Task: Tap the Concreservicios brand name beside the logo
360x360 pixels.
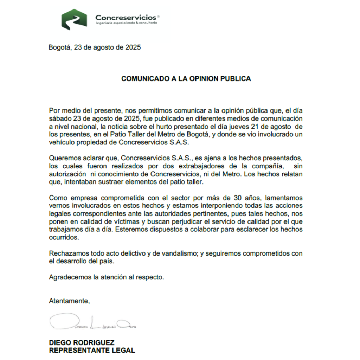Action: point(126,17)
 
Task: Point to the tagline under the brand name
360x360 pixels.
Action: point(126,23)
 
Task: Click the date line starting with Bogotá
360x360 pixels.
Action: point(95,47)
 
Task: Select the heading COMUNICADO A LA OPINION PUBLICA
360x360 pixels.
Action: point(186,79)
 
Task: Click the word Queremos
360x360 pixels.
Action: point(63,158)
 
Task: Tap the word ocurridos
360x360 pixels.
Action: point(63,237)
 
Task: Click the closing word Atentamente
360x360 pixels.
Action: point(69,301)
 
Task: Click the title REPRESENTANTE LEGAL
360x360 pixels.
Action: point(92,350)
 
